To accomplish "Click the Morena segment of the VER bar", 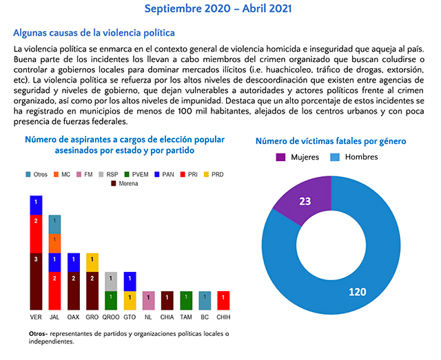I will [36, 281].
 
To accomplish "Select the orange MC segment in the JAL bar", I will [54, 243].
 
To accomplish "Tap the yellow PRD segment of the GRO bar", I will [92, 262].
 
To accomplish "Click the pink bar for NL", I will [148, 300].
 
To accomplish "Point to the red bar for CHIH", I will [223, 300].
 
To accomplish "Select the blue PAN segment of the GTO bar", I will [130, 281].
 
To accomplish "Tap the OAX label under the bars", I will [73, 318].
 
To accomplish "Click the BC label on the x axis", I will [205, 318].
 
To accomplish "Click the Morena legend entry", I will [123, 184].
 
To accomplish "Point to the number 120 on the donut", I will [357, 292].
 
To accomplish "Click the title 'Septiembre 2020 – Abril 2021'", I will [218, 9].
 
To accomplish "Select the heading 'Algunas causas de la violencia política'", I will [94, 32].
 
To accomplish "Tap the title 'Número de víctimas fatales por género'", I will [330, 141].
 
